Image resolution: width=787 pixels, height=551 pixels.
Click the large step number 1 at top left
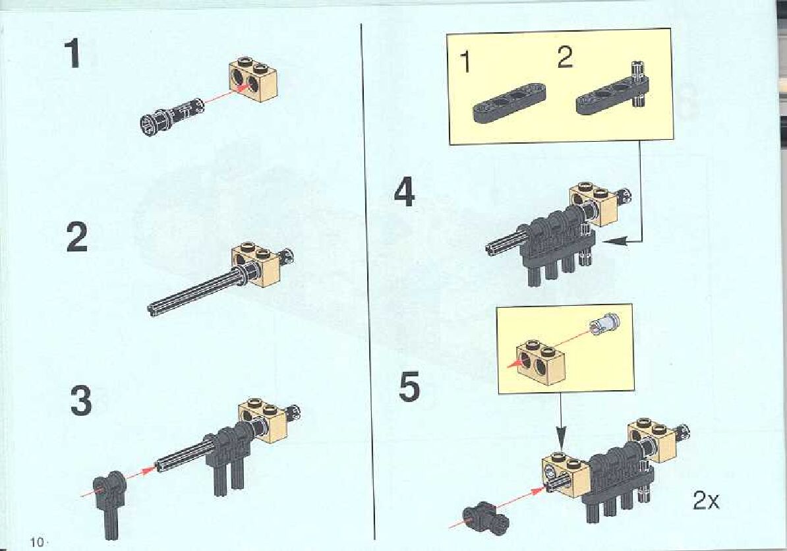tap(73, 53)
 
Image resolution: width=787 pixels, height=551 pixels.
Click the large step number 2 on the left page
tap(77, 237)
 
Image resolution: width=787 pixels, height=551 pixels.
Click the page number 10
tap(37, 542)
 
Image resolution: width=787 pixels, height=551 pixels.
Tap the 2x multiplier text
tap(706, 500)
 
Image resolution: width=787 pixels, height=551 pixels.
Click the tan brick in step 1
tap(254, 79)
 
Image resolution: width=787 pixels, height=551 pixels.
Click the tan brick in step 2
tap(256, 265)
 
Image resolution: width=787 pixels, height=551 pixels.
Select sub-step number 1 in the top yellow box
tap(466, 62)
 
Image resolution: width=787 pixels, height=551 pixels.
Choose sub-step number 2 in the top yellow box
tap(565, 58)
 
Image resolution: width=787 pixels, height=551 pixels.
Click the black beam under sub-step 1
tap(509, 102)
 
